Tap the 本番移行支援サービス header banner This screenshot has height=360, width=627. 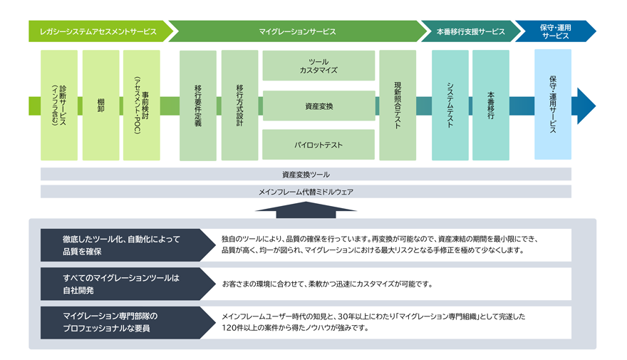pos(470,31)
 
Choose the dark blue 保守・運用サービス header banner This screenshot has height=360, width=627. pos(554,31)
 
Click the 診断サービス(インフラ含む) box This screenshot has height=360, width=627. pos(59,105)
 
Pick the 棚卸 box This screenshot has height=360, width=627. pos(100,105)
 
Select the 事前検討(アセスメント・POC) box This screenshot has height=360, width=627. pos(142,105)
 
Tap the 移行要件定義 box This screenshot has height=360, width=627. pos(198,105)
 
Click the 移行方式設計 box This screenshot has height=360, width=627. pos(239,105)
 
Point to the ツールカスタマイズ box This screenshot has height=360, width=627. pos(318,66)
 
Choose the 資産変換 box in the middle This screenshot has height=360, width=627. pos(318,106)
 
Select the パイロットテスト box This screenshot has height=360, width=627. pos(318,145)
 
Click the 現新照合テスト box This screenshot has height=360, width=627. pos(398,105)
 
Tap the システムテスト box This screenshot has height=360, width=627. pos(450,105)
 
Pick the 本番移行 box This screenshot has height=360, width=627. pos(491,105)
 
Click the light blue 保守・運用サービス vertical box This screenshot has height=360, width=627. pos(553,105)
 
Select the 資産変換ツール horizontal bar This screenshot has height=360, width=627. pos(306,174)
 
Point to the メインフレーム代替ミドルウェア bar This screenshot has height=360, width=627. pos(306,192)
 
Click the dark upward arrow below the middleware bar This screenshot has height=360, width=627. pos(306,207)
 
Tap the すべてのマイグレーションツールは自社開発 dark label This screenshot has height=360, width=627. pos(121,284)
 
